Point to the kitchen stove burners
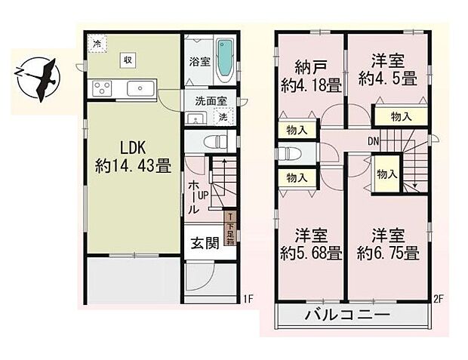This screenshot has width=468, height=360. coord(103,88)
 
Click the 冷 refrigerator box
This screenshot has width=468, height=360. coord(96,43)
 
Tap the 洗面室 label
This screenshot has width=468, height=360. coord(209,100)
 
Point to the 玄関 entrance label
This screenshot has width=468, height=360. coord(204,244)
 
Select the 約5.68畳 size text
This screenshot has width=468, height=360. coord(309,254)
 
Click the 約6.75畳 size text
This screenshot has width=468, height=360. coord(387,254)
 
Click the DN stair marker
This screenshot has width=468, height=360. coord(373,140)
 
